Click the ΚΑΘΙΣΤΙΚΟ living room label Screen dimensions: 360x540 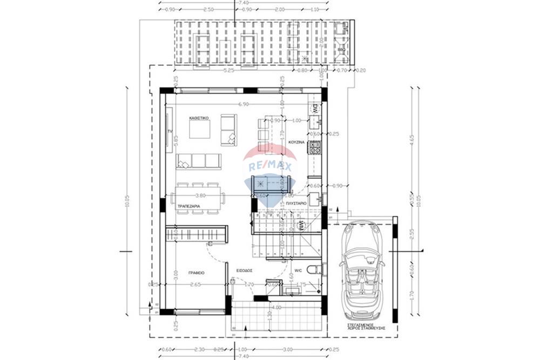(x=199, y=117)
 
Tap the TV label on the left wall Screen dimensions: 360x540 (x=170, y=131)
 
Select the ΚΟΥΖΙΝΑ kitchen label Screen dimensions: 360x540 (x=296, y=142)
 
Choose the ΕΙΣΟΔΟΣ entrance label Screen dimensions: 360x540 (x=245, y=270)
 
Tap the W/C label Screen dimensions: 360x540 (x=298, y=271)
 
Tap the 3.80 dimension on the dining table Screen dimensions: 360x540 (x=200, y=195)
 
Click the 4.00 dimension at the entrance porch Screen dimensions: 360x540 (x=276, y=308)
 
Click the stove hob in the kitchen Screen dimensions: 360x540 (x=315, y=146)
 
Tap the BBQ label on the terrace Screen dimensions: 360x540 (x=341, y=50)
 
